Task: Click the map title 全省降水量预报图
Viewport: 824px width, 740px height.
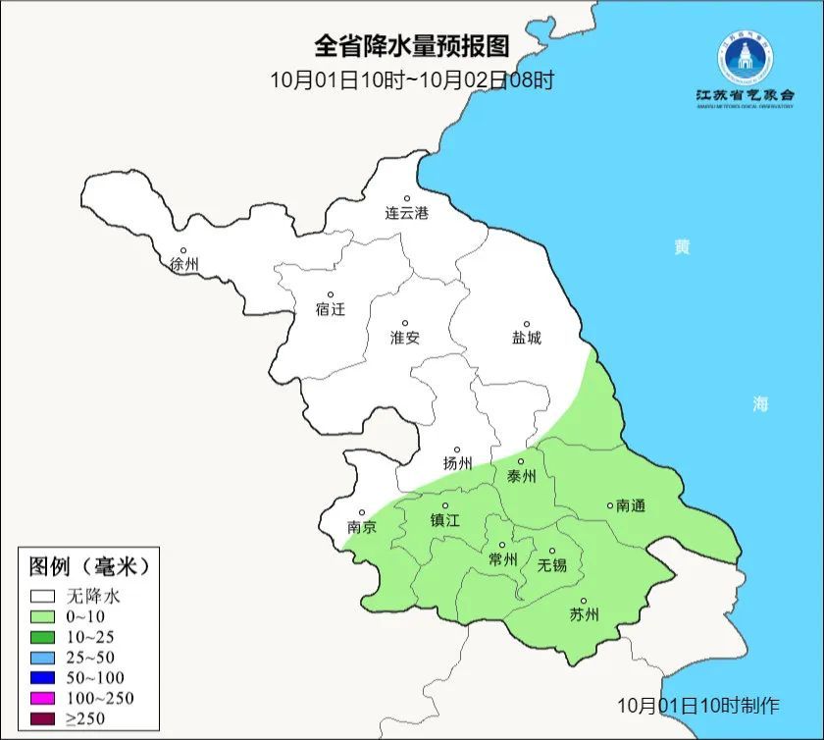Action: coord(412,46)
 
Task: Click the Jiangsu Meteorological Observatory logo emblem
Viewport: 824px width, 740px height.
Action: coord(744,58)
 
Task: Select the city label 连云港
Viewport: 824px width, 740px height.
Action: coord(406,213)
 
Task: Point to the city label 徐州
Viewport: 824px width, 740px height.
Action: coord(183,265)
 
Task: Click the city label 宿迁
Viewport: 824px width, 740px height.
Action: coord(331,309)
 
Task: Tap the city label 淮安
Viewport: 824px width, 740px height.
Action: coord(404,338)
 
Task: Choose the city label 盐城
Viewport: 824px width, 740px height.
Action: coord(526,339)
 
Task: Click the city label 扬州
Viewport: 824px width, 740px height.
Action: coord(457,464)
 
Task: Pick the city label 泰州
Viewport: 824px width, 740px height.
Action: coord(521,476)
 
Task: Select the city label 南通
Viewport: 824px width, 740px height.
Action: coord(630,505)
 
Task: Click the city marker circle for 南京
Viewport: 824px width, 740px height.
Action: coord(362,512)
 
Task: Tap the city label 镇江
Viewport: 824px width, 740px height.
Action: coord(445,521)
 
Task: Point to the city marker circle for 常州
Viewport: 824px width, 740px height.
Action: coord(502,545)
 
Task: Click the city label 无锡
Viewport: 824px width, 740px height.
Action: coord(551,565)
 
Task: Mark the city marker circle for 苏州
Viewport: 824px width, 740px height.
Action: coord(584,602)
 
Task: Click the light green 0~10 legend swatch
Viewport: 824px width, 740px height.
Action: coord(42,616)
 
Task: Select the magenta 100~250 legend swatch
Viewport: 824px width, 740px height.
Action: coord(42,698)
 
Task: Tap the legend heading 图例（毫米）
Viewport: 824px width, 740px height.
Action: coord(89,566)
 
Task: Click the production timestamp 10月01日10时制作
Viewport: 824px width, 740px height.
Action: coord(698,705)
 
